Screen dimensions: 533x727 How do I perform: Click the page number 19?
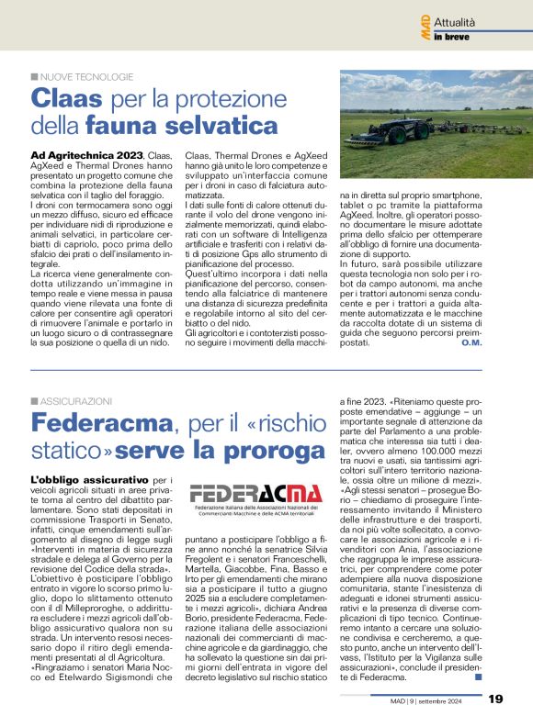[x=495, y=699]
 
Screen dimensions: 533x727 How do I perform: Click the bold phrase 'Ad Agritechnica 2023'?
[x=86, y=157]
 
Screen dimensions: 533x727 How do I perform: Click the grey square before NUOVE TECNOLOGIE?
[x=35, y=76]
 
